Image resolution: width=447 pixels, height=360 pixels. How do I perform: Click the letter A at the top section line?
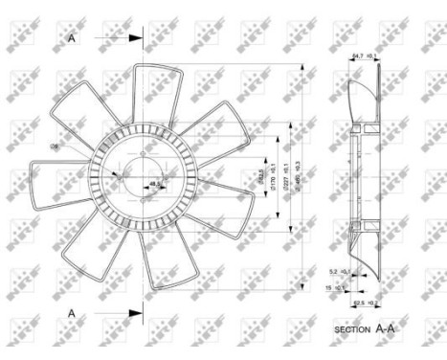[x=72, y=38]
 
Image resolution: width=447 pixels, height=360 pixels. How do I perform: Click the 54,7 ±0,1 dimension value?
[x=364, y=56]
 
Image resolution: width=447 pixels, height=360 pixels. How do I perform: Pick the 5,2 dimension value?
[x=335, y=271]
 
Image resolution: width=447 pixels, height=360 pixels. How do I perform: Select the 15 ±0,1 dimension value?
[x=334, y=286]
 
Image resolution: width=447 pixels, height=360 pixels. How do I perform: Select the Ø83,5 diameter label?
[x=260, y=179]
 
